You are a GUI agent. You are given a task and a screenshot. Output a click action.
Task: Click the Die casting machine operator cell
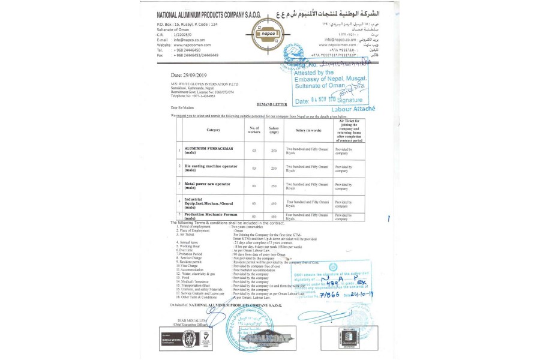[x=210, y=167]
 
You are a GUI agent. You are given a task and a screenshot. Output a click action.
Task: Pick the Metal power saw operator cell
[x=207, y=185]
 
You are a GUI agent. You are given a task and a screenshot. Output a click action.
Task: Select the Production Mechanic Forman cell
[x=211, y=215]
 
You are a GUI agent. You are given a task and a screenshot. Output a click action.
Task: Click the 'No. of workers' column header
[x=254, y=130]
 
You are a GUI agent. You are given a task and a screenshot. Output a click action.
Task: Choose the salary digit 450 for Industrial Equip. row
[x=274, y=203]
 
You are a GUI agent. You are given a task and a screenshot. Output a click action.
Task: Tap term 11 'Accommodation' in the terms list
[x=192, y=270]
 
